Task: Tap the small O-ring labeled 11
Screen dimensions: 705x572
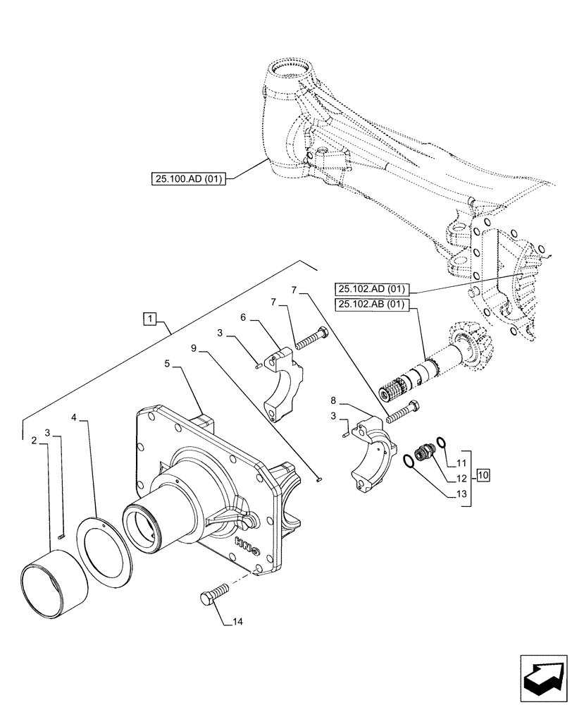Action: click(x=441, y=442)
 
